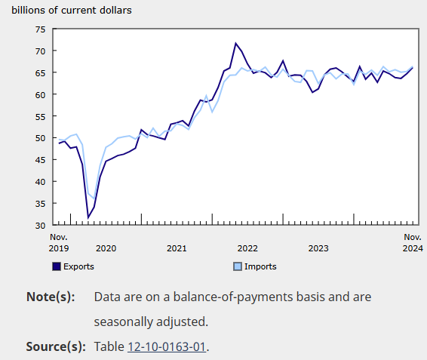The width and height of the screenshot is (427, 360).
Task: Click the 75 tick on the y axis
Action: click(40, 29)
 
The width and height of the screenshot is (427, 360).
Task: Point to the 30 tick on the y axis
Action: click(40, 226)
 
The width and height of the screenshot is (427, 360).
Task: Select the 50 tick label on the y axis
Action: click(40, 138)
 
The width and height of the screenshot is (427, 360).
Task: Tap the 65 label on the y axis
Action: click(40, 72)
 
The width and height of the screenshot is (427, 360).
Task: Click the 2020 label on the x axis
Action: click(106, 248)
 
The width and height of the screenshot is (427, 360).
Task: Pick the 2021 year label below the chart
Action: click(177, 248)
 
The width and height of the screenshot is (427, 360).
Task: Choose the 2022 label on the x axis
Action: click(247, 248)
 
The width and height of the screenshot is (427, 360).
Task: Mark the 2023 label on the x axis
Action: click(318, 248)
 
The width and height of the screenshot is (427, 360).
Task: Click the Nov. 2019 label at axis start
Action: click(59, 242)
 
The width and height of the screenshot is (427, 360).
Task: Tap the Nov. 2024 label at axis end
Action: click(413, 242)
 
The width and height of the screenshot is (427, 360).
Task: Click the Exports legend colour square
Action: click(57, 266)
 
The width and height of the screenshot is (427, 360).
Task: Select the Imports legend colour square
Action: click(238, 266)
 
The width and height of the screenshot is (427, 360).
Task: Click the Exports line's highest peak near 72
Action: click(235, 43)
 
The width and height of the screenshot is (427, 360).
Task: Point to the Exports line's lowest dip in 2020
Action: click(88, 217)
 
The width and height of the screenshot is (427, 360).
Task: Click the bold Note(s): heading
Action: click(51, 297)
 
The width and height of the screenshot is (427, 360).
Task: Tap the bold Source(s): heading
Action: click(55, 346)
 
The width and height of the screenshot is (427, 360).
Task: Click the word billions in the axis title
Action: click(29, 11)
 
